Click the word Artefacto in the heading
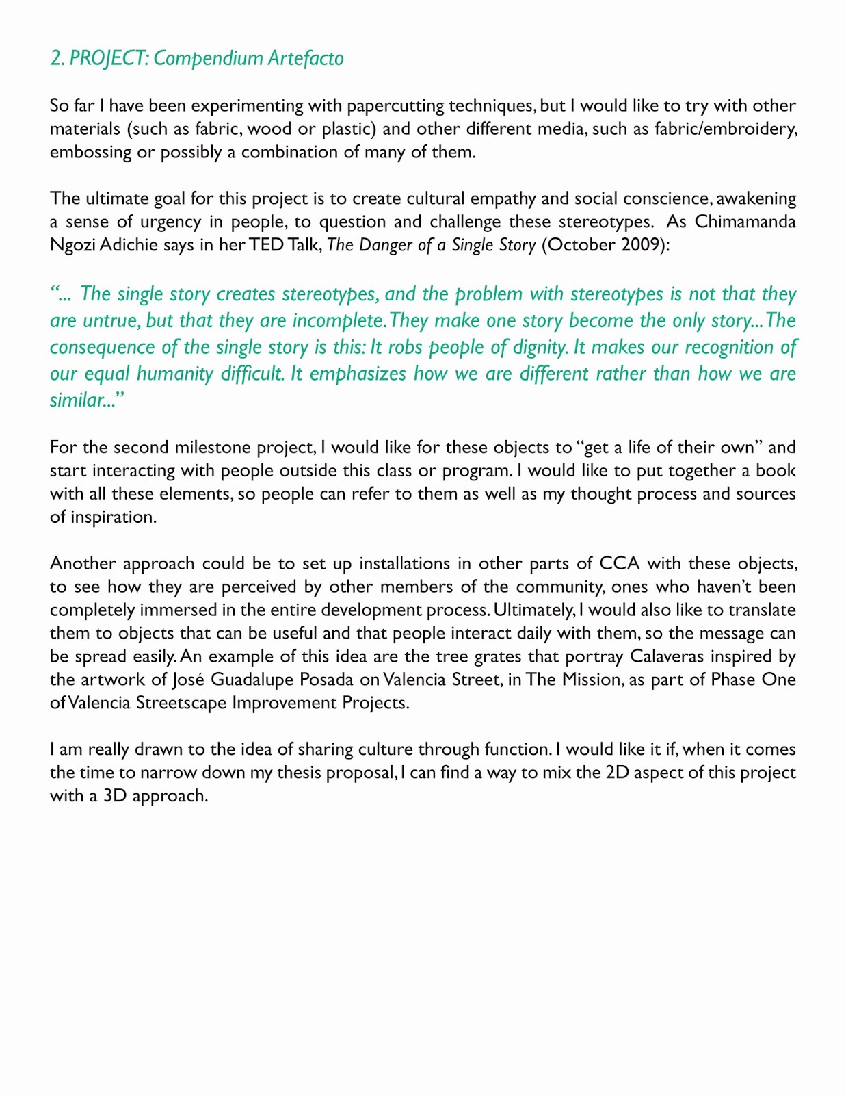click(305, 58)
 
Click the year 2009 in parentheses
click(642, 245)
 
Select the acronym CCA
click(619, 564)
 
